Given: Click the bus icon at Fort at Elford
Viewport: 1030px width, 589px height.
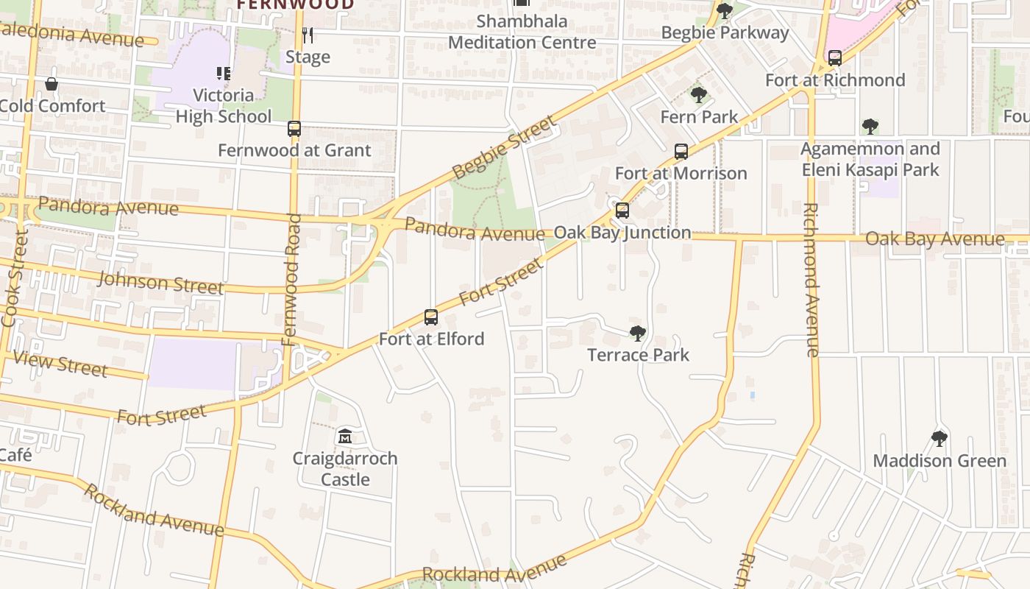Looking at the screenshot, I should (431, 317).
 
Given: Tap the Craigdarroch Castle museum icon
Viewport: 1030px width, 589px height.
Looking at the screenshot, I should (345, 437).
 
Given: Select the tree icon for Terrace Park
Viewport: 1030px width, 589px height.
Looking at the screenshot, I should (638, 334).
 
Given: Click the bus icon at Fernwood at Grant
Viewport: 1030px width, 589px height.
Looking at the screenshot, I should (294, 129).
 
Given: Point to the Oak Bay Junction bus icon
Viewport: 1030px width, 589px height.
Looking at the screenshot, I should (622, 211).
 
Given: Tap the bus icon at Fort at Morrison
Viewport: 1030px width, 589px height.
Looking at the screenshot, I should (681, 152).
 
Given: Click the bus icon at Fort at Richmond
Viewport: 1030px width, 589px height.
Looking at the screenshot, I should (835, 58).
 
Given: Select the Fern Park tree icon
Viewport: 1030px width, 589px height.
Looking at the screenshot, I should (699, 95).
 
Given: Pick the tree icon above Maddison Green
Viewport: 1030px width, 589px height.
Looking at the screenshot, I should (939, 440).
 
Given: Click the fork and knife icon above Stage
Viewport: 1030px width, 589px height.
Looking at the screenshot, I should (308, 35).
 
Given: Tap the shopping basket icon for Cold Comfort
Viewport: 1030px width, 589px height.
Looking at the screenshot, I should (51, 84).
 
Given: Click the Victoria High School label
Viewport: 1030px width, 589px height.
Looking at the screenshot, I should (224, 105).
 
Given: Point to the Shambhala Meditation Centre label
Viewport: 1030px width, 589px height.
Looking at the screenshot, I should (522, 32).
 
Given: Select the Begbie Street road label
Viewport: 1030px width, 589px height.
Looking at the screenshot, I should (504, 148).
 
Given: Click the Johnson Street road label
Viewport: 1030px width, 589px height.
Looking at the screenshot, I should (160, 282).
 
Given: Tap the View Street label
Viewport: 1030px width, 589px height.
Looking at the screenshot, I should (60, 364).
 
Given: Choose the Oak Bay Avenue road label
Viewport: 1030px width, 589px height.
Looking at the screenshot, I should (934, 239).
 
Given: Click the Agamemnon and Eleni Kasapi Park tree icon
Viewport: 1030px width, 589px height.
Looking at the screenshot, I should (870, 127).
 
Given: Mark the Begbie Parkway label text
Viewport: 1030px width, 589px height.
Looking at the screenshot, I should (725, 33).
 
